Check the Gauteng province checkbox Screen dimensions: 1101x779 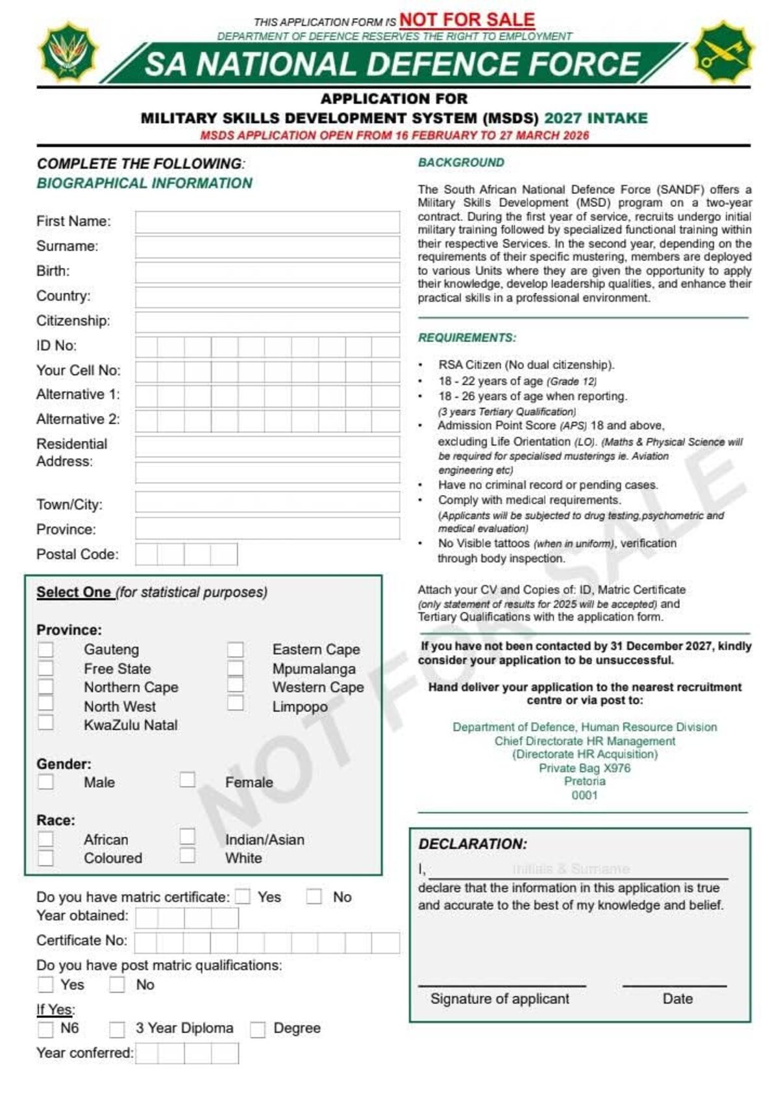45,649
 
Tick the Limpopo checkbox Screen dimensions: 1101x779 236,703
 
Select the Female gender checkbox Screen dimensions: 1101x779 188,779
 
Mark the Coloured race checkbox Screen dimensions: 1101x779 45,858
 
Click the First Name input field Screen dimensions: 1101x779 267,222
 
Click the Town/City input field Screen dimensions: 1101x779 267,502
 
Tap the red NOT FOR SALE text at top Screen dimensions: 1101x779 467,20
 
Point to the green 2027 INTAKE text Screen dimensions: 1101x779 595,118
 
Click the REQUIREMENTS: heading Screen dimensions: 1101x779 467,338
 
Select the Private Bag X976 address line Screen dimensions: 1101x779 584,768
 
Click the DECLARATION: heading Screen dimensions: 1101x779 473,844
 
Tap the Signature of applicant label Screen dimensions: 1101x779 499,999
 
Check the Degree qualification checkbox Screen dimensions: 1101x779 258,1030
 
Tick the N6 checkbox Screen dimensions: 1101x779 45,1029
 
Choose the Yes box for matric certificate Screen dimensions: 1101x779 243,897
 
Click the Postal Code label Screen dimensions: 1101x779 77,554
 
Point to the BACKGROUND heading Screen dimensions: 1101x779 461,163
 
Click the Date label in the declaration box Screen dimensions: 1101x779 677,999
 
